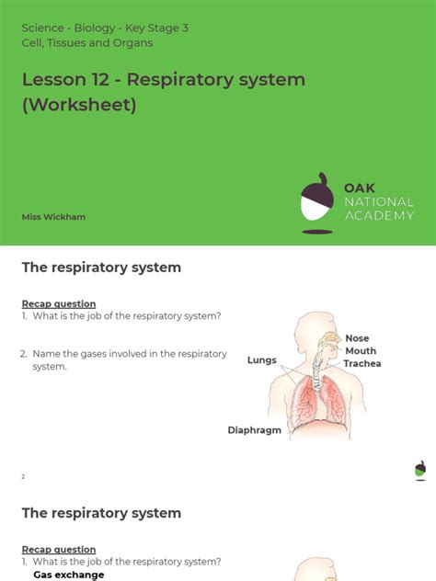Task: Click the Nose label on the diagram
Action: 357,338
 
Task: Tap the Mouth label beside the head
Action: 361,351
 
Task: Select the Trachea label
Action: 362,363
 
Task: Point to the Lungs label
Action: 262,360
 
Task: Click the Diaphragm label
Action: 254,430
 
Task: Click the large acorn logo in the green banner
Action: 317,202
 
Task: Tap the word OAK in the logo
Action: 360,188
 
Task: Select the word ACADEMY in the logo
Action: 379,216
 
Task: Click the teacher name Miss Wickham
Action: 53,217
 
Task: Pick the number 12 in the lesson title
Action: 99,79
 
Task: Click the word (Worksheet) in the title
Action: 79,105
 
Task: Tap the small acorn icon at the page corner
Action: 420,470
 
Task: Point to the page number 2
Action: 23,477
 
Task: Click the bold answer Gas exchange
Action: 69,575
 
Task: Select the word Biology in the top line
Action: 95,28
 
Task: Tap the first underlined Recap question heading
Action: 59,304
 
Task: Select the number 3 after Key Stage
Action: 185,28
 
